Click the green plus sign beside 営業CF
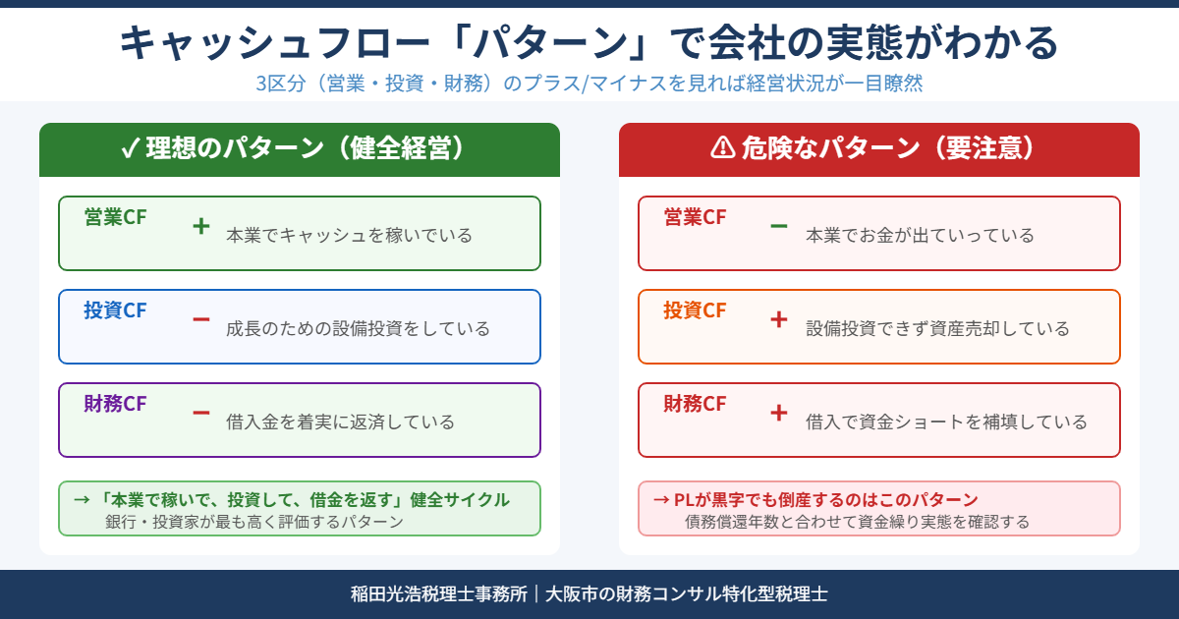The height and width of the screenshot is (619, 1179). tap(201, 226)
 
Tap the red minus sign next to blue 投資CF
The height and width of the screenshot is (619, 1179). tap(201, 319)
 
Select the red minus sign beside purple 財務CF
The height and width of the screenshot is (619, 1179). tap(201, 413)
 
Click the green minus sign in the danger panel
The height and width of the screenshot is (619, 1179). tap(779, 226)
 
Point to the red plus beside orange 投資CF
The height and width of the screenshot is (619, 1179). tap(779, 319)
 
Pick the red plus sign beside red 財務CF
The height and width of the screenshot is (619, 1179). tap(779, 413)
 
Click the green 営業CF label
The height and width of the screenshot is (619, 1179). tap(115, 218)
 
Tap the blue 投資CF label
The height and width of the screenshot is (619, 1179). tap(115, 311)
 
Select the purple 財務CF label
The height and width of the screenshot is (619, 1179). tap(115, 405)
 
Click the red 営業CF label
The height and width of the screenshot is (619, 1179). tap(695, 218)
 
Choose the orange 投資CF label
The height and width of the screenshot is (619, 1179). tap(695, 311)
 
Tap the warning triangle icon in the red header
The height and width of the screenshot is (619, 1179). tap(722, 148)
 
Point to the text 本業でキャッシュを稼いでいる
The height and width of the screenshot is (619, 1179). tap(349, 236)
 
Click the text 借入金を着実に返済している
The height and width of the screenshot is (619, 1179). tap(340, 422)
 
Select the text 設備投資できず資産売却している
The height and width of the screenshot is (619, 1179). tap(937, 329)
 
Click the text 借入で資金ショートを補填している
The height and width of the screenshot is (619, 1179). tap(946, 422)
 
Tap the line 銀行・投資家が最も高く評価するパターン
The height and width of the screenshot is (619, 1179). tap(254, 522)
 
